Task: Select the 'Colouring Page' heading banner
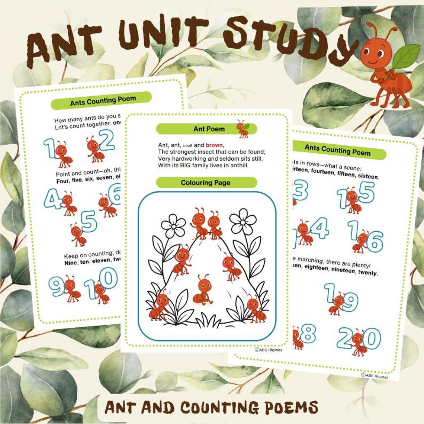[x=206, y=183]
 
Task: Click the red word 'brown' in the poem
[x=214, y=145]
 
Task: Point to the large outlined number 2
[x=107, y=140]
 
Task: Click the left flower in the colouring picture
[x=173, y=225]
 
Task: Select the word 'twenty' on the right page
[x=367, y=273]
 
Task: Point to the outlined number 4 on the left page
[x=53, y=199]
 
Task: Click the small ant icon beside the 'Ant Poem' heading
[x=243, y=129]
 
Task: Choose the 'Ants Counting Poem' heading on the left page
[x=103, y=100]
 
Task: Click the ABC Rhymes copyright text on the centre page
[x=269, y=350]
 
